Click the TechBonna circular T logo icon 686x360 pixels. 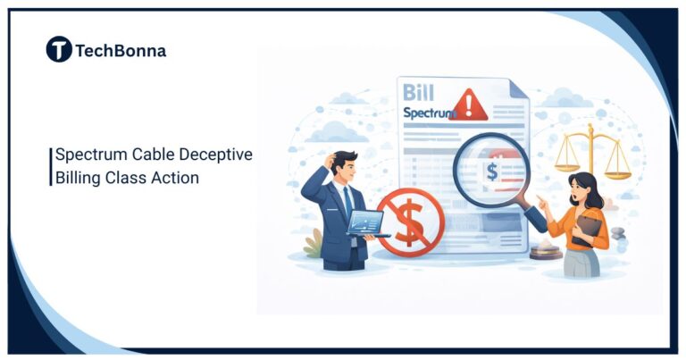[x=59, y=50]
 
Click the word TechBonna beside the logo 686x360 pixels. [x=121, y=51]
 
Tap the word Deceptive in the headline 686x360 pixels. [x=218, y=155]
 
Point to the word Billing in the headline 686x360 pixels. [x=76, y=178]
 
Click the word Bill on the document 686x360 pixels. [x=419, y=93]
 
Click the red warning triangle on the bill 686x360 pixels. [x=469, y=106]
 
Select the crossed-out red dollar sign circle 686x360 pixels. [x=408, y=223]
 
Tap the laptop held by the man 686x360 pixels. [x=366, y=222]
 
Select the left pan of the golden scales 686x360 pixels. [x=567, y=166]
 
